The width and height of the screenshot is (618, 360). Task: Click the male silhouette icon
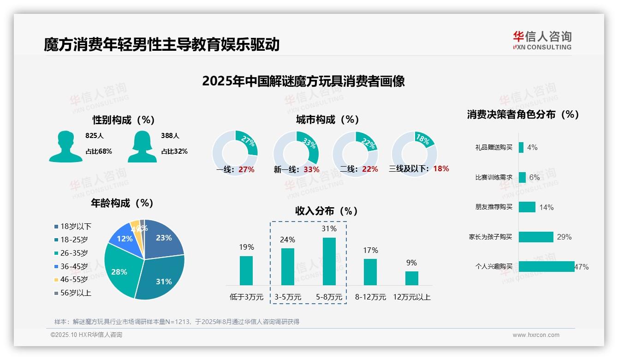click(65, 146)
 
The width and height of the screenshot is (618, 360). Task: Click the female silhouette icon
click(142, 146)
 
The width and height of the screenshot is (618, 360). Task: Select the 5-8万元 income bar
click(329, 261)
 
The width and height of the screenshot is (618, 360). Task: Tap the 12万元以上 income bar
click(411, 278)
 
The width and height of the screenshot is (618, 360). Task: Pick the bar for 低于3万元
click(246, 270)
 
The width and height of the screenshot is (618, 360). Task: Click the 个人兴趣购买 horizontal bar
click(547, 266)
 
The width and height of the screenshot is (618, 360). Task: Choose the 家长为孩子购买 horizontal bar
click(536, 237)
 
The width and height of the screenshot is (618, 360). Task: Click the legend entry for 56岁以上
click(72, 293)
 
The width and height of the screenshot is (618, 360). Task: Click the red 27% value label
click(246, 169)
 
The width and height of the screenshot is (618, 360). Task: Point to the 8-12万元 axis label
click(370, 297)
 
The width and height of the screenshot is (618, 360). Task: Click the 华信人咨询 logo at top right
click(542, 40)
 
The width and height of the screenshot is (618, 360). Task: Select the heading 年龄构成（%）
click(122, 203)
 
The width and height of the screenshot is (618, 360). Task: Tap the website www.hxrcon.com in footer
click(535, 335)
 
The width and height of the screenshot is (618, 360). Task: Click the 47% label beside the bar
click(582, 267)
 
